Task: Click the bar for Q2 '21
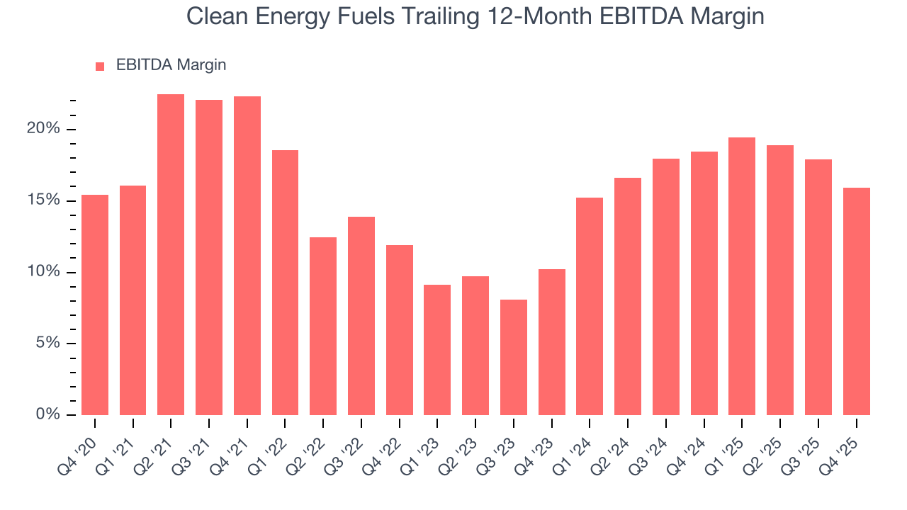[171, 254]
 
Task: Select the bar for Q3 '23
[513, 357]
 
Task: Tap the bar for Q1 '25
[742, 276]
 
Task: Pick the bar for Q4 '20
[95, 305]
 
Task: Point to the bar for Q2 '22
[323, 326]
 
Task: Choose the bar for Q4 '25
[856, 301]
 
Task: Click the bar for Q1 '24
[590, 306]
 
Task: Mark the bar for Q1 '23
[437, 350]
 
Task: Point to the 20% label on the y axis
[43, 129]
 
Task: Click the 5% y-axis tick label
[47, 344]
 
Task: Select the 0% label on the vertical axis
[47, 414]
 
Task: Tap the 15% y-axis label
[43, 200]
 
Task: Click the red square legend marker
[100, 66]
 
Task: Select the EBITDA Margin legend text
[171, 65]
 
